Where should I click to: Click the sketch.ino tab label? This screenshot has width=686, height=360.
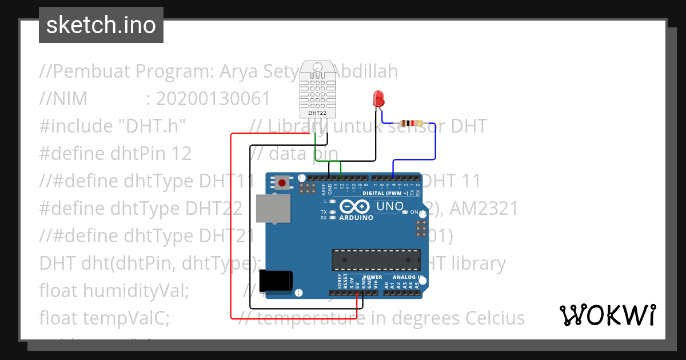[101, 25]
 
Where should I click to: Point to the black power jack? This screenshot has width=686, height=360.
[276, 280]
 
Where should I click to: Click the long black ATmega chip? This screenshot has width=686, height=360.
[376, 259]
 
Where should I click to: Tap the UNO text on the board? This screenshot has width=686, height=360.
[390, 206]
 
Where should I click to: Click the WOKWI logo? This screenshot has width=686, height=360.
[607, 315]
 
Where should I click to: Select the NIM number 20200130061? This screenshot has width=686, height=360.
[213, 99]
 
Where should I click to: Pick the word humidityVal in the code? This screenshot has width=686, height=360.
[135, 290]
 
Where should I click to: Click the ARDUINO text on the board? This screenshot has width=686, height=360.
[356, 218]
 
